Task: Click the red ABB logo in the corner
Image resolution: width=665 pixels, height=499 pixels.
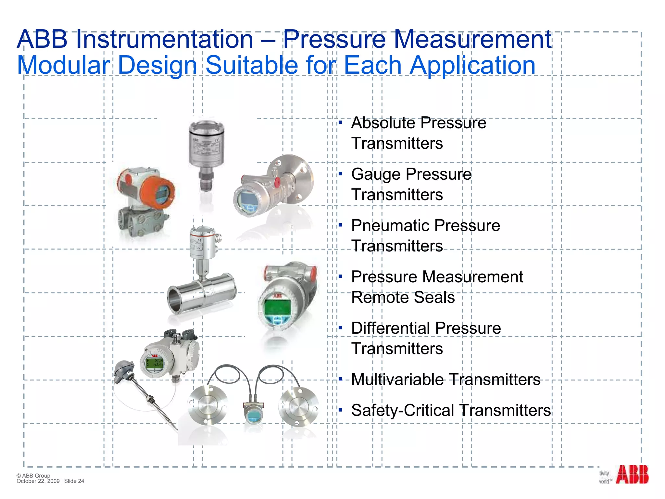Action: tap(632, 475)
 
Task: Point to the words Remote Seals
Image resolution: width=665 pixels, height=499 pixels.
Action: tap(403, 298)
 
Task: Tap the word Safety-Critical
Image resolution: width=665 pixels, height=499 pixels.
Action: tap(402, 411)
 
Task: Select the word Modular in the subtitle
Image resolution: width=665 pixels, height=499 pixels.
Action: tap(64, 65)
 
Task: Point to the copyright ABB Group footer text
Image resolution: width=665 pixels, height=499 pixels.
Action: tap(33, 476)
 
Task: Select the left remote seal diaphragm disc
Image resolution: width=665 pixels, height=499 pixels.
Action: tap(206, 406)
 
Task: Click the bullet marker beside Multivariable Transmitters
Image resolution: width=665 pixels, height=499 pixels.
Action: tap(340, 379)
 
